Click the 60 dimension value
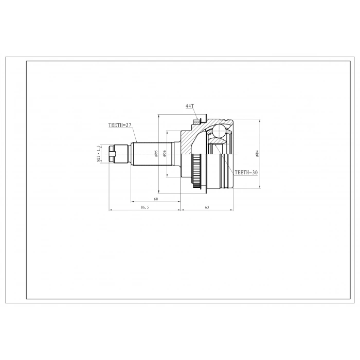coord(155,199)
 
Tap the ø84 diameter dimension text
coord(257,154)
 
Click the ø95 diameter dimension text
coord(156,153)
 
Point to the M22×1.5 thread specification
coord(98,153)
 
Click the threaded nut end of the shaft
coord(118,153)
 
